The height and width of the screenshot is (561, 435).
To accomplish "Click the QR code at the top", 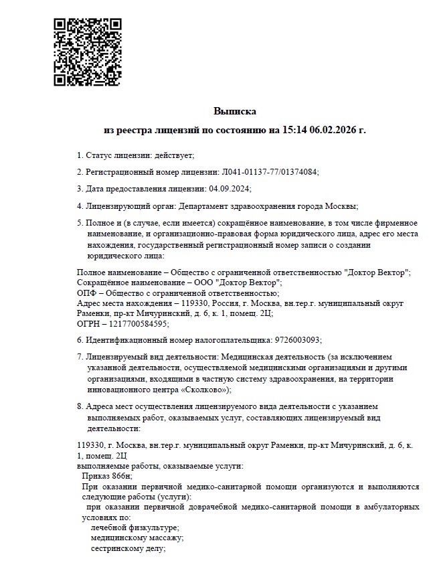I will (86, 52).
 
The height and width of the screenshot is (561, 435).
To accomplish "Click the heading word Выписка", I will (235, 111).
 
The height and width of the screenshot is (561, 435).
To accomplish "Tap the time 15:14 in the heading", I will (292, 129).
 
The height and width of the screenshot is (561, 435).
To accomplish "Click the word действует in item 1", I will (173, 155).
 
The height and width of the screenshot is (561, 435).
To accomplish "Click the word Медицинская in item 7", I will (247, 357).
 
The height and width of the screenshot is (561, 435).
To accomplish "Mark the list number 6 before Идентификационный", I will (80, 339).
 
